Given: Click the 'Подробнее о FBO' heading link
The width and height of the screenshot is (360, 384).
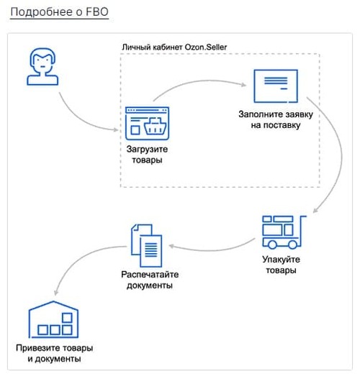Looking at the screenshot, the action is (59, 12).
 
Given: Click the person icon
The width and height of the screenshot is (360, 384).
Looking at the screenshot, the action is (42, 66).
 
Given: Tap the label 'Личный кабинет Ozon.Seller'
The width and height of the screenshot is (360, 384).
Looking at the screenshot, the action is (174, 47).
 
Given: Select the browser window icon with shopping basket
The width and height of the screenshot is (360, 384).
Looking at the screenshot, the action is (147, 123).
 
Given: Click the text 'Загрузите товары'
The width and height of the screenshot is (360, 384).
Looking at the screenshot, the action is (147, 155).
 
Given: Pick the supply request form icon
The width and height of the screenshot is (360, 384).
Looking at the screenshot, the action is (276, 86).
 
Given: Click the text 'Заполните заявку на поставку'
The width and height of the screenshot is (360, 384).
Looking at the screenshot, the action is (276, 120).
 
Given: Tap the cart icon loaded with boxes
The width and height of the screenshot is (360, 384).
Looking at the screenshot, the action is (284, 232).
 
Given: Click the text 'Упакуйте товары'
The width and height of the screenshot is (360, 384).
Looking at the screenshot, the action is (281, 265).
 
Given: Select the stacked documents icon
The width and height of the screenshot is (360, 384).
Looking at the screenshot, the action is (147, 246).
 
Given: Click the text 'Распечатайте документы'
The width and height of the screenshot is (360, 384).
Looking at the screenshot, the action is (150, 280).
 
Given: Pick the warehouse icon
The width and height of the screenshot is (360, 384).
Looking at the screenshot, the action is (53, 319).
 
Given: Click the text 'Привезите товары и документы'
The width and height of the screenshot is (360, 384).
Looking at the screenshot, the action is (55, 353).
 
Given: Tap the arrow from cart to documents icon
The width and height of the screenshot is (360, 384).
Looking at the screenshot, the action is (212, 250).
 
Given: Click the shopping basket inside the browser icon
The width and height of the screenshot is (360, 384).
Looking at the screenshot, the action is (155, 126).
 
